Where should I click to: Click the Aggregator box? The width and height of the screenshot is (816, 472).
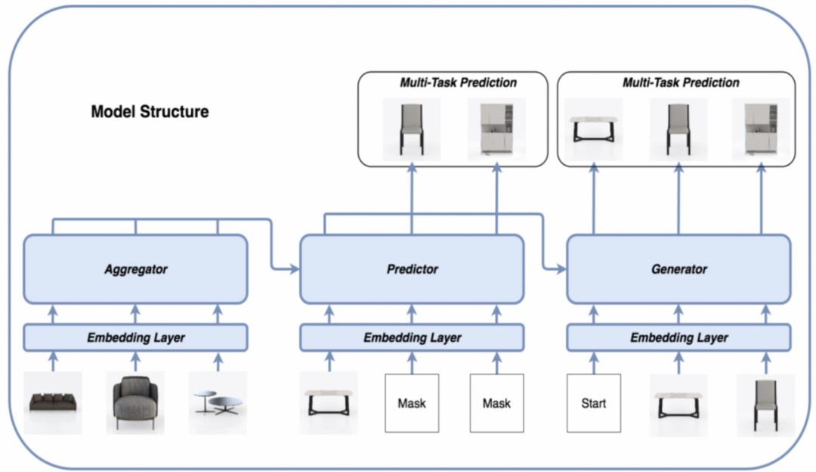coord(135,269)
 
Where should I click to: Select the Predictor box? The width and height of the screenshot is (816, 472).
coord(412,269)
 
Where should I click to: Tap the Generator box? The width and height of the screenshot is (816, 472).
coord(678,269)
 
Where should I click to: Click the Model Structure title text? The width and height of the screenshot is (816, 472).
coord(150,112)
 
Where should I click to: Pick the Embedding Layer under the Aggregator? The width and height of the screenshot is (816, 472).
coord(135,337)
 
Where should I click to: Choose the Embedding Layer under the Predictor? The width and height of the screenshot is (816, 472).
coord(412,337)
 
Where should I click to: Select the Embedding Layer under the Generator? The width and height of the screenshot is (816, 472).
coord(678,337)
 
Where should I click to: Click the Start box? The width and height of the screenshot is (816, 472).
coord(593,403)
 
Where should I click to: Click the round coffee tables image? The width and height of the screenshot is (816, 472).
coord(218,402)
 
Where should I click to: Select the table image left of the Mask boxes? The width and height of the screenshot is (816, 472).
coord(329,403)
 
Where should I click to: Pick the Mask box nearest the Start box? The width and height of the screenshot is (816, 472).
coord(496,403)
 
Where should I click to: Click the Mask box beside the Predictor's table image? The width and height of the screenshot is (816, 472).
coord(412,403)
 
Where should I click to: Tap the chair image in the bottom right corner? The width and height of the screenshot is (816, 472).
coord(765,405)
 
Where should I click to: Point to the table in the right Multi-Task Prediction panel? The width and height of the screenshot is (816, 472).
coord(594,129)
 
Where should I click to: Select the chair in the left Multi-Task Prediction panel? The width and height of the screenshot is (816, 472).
coord(412,129)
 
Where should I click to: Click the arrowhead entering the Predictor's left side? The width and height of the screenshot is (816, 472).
coord(295,269)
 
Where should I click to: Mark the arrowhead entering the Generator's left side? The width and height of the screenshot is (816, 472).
coord(561,269)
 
